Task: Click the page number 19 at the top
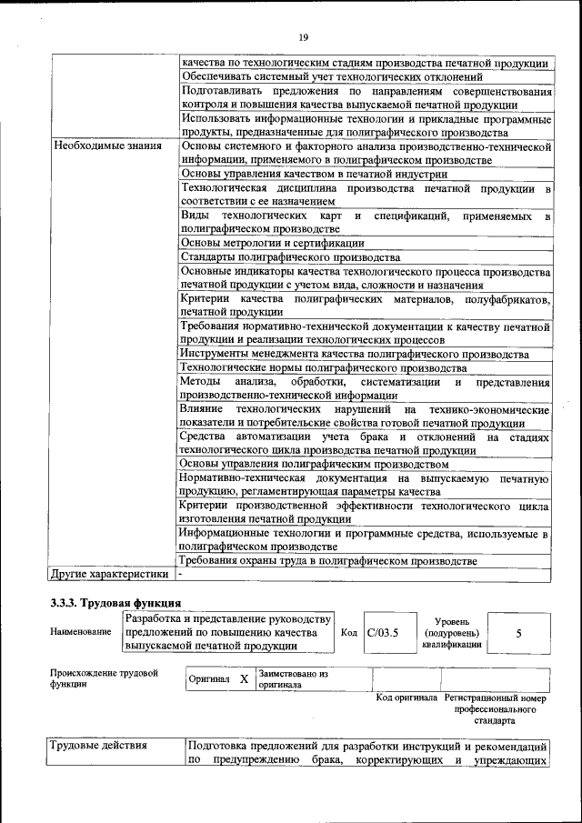coord(304,36)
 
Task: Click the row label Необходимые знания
coord(107,146)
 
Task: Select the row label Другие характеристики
coord(110,574)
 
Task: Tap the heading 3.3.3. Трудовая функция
coord(115,603)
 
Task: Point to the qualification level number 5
coord(518,633)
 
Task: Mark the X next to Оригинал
coord(244,678)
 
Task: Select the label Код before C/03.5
coord(348,633)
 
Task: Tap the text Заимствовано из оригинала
coord(293,678)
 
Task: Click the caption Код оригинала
coord(406,698)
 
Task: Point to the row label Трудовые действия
coord(98,746)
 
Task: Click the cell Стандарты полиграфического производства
coord(271,257)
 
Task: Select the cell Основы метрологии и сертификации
coord(272,243)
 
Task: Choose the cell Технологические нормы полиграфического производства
coord(324,367)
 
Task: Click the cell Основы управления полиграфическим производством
coord(310,463)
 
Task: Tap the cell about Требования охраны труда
coord(333,561)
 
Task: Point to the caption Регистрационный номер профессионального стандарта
coord(496,708)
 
